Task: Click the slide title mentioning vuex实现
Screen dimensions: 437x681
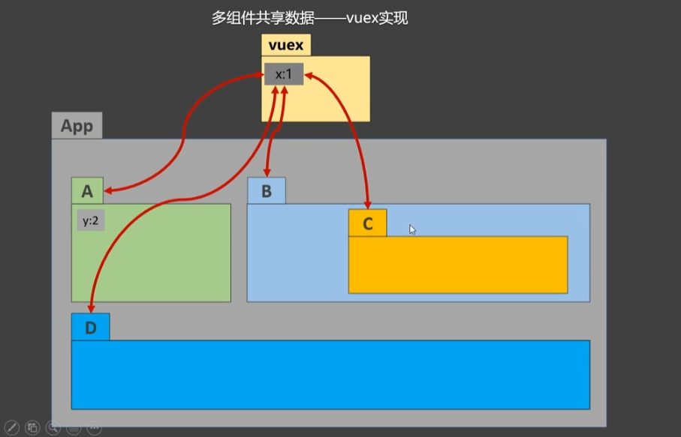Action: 309,19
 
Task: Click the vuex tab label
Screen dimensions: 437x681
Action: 286,45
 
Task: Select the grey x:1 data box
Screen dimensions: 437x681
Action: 284,74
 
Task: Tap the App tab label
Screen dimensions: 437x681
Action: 77,126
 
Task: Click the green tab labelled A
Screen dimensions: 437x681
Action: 87,191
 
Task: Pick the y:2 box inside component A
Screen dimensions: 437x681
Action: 91,220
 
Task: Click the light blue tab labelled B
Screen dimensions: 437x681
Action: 267,191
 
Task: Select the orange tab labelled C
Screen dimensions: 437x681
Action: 367,223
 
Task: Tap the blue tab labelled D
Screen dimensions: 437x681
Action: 91,328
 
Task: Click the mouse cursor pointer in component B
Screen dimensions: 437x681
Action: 412,229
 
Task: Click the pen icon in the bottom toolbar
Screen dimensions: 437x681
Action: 11,428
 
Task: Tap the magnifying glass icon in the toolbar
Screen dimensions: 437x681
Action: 53,428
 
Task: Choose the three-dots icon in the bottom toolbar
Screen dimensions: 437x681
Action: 95,428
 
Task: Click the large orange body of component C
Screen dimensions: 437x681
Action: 457,265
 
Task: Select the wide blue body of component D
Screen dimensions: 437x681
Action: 330,374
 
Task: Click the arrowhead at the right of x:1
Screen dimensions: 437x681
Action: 309,74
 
